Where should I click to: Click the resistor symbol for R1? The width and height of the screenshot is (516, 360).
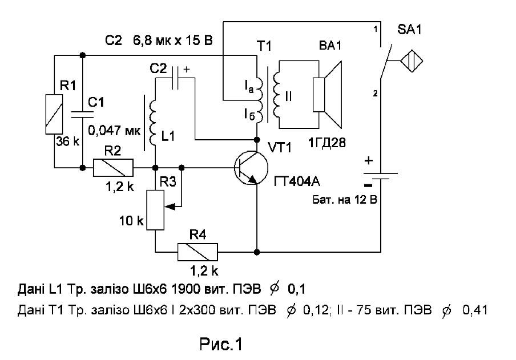click(54, 114)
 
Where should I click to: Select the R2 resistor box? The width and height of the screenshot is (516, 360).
click(114, 168)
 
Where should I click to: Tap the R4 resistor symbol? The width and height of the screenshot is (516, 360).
click(197, 252)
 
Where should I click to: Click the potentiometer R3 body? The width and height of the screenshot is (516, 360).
click(155, 210)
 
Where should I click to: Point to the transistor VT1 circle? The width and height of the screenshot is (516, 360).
click(251, 168)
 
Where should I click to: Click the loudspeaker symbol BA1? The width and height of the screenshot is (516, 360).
click(328, 95)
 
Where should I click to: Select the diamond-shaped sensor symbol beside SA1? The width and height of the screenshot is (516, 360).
click(412, 60)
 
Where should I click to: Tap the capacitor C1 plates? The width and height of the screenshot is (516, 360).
click(83, 114)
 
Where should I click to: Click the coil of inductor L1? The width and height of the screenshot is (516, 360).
click(153, 123)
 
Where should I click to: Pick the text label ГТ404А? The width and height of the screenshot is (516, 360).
click(297, 181)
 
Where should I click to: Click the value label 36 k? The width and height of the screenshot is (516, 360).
click(67, 142)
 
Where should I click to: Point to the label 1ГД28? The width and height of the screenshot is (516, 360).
click(327, 143)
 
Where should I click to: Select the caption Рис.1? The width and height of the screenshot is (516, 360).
click(221, 345)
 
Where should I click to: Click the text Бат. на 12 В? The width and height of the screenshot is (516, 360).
click(345, 200)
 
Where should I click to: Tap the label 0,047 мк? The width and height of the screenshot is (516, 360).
click(114, 130)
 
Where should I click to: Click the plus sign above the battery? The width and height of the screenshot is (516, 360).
click(369, 160)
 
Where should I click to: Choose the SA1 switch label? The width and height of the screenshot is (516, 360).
click(409, 30)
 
